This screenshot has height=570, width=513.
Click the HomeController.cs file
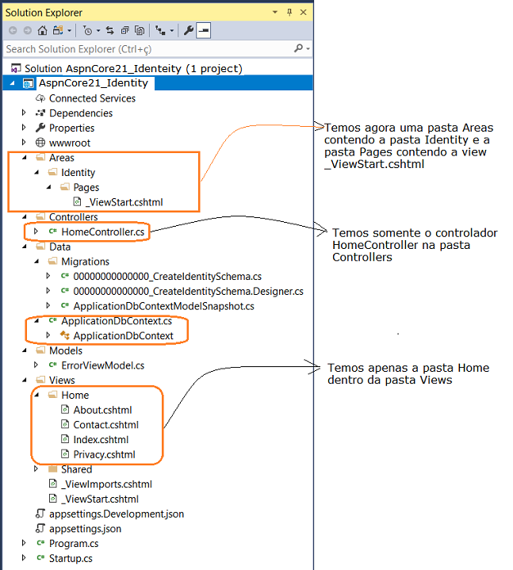pyautogui.click(x=102, y=231)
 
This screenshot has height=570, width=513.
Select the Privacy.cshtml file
pyautogui.click(x=104, y=454)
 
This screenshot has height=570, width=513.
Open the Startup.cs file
pyautogui.click(x=71, y=558)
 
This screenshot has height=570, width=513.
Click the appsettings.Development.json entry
pyautogui.click(x=117, y=514)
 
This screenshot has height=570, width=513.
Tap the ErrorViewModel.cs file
pyautogui.click(x=102, y=365)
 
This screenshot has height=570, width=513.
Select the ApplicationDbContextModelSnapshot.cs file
pyautogui.click(x=163, y=306)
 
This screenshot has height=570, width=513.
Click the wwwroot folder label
pyautogui.click(x=70, y=143)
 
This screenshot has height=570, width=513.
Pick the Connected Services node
pyautogui.click(x=92, y=98)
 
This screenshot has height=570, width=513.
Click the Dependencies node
pyautogui.click(x=81, y=113)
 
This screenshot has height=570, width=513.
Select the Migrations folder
pyautogui.click(x=85, y=262)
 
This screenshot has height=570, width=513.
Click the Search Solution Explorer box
pyautogui.click(x=149, y=48)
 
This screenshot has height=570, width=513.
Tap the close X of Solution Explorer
pyautogui.click(x=303, y=13)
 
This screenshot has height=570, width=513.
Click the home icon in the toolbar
pyautogui.click(x=42, y=31)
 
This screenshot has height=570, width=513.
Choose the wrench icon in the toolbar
pyautogui.click(x=188, y=31)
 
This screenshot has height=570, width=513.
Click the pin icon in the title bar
pyautogui.click(x=289, y=13)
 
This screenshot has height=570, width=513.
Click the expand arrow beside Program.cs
pyautogui.click(x=24, y=543)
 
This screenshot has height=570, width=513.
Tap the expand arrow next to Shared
pyautogui.click(x=36, y=469)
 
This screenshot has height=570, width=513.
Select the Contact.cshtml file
pyautogui.click(x=105, y=425)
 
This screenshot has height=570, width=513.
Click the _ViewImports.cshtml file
pyautogui.click(x=106, y=484)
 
